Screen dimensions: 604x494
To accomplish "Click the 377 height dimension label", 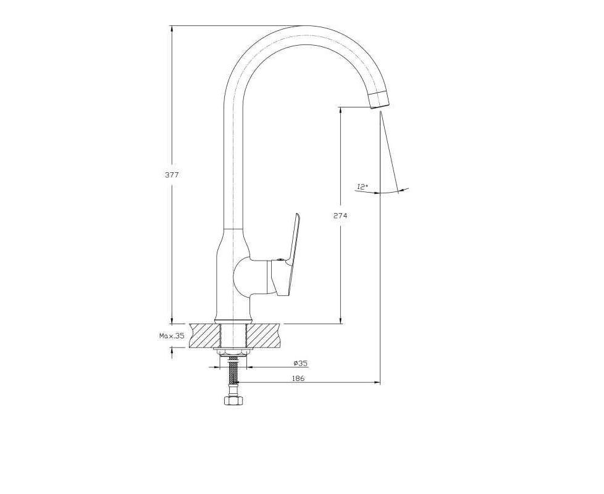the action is (172, 175).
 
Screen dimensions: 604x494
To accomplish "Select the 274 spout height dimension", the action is (340, 216).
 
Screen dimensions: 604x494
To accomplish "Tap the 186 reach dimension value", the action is (298, 378).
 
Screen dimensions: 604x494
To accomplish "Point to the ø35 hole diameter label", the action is (301, 363).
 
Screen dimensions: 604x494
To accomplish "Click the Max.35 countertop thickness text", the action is (172, 336).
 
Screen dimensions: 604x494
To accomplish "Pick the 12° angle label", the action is (363, 186).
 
